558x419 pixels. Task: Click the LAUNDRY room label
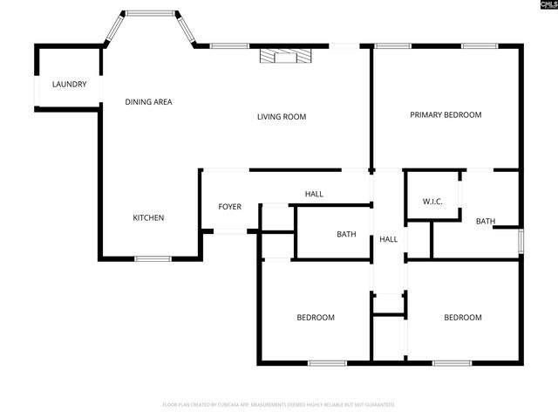point(69,84)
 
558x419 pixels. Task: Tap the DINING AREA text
point(148,102)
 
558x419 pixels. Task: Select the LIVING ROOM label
point(281,116)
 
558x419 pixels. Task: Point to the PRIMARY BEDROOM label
point(446,114)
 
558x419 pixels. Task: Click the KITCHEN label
point(148,217)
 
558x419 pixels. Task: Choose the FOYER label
point(229,207)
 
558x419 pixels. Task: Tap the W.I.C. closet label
point(432,202)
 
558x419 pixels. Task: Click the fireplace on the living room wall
point(284,56)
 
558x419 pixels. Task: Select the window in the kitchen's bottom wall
point(153,258)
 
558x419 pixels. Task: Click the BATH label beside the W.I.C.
point(486,221)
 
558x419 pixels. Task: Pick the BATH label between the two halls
point(346,234)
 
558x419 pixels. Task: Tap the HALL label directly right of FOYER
point(314,194)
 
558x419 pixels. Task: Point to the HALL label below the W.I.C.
point(388,239)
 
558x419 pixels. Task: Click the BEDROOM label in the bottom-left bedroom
point(316,317)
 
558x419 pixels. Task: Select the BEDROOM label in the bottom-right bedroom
point(462,317)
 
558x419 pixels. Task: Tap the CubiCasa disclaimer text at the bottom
point(279,404)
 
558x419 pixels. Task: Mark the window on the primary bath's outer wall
point(521,240)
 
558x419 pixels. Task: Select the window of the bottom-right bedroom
point(453,362)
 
